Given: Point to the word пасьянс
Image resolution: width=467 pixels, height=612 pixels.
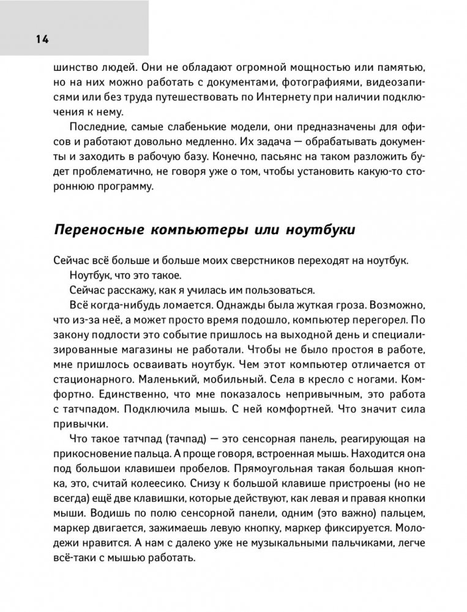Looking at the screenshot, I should pyautogui.click(x=275, y=158).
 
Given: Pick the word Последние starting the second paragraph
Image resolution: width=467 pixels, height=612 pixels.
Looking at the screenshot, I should pyautogui.click(x=97, y=127).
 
